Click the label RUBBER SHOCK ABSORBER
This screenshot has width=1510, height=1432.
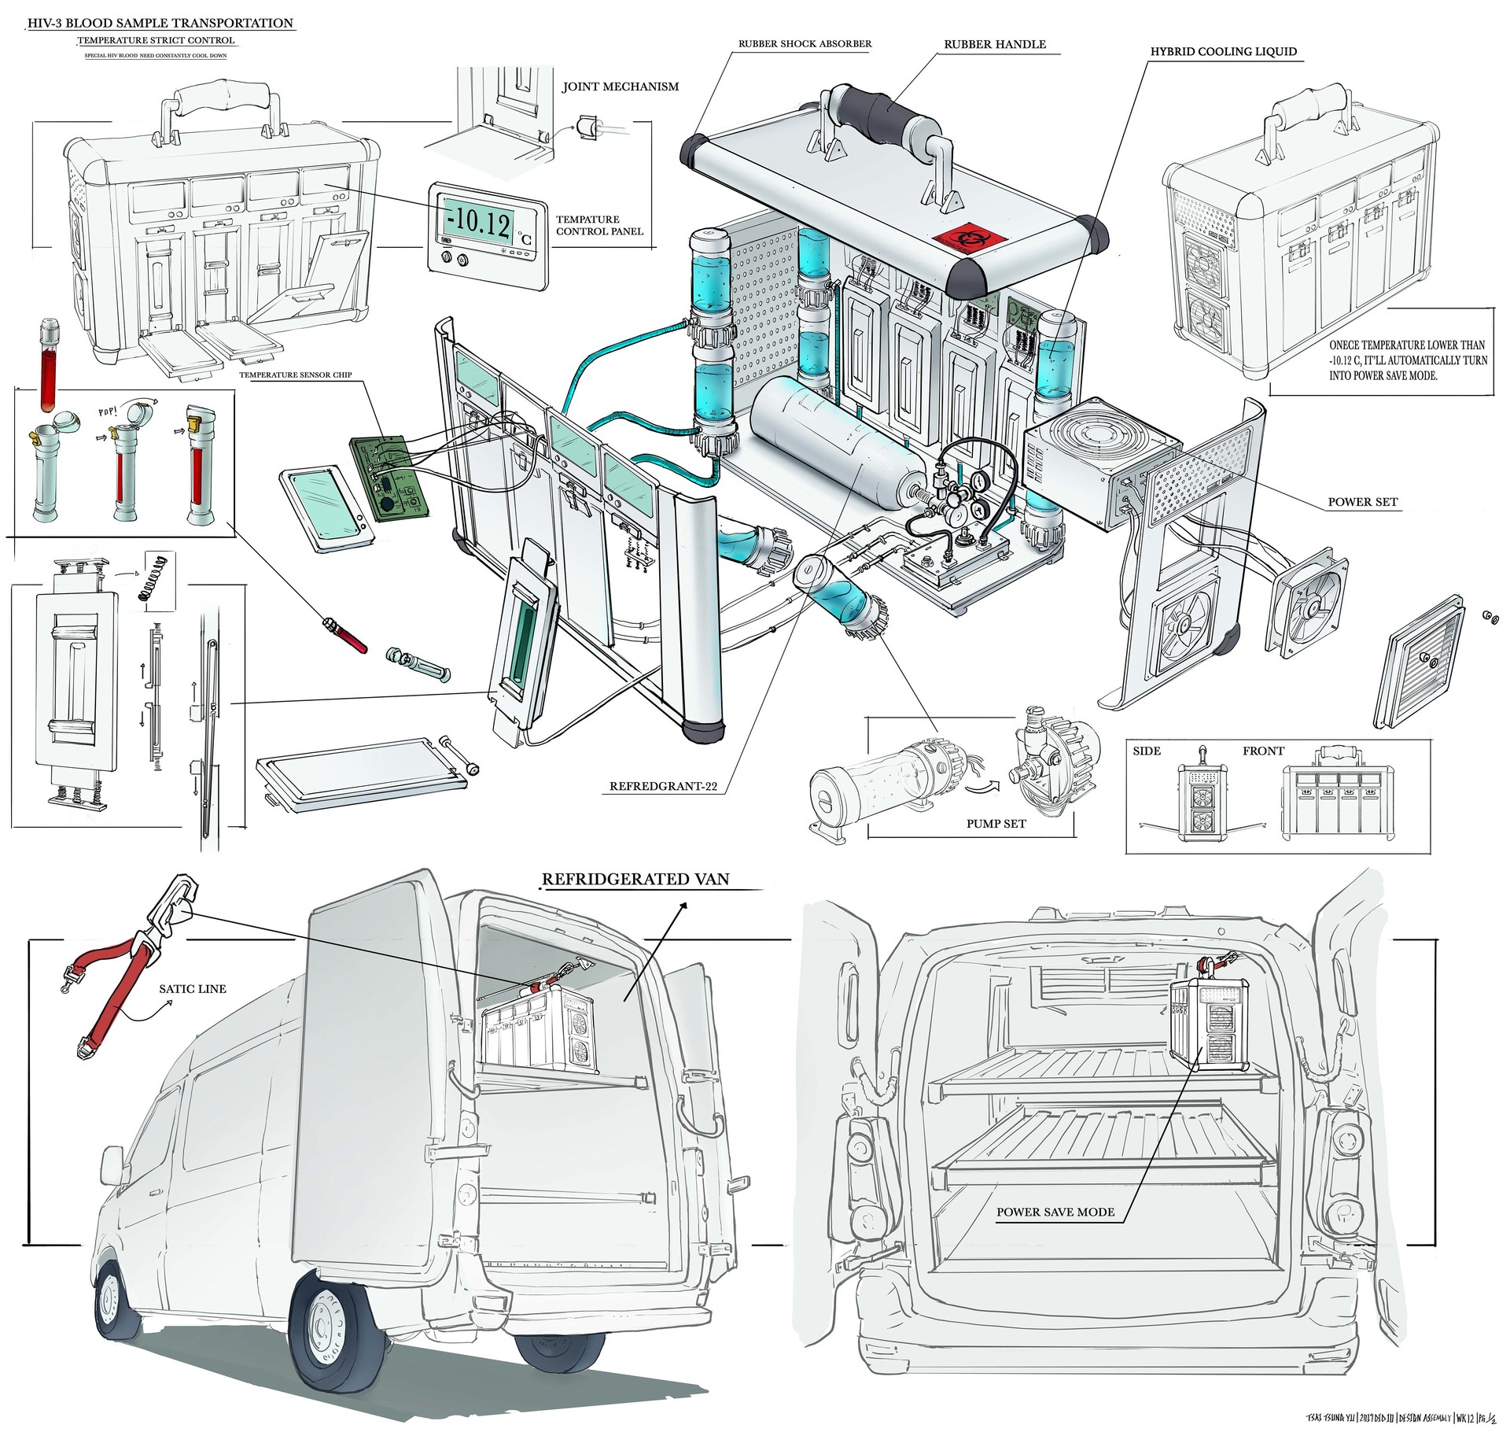(805, 44)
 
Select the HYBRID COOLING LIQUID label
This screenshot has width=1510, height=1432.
(1223, 52)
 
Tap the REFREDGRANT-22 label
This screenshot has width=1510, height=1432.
(663, 786)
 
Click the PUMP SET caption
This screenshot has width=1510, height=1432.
(996, 824)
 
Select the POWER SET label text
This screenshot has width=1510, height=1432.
(1362, 502)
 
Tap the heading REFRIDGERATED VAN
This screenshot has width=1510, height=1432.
(635, 880)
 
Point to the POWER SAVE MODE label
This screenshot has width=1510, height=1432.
(1055, 1212)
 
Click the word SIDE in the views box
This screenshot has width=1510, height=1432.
(1147, 751)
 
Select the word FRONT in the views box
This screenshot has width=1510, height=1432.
(1263, 751)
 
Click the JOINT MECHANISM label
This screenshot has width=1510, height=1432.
(620, 87)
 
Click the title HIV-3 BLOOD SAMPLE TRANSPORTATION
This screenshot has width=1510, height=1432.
(160, 24)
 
